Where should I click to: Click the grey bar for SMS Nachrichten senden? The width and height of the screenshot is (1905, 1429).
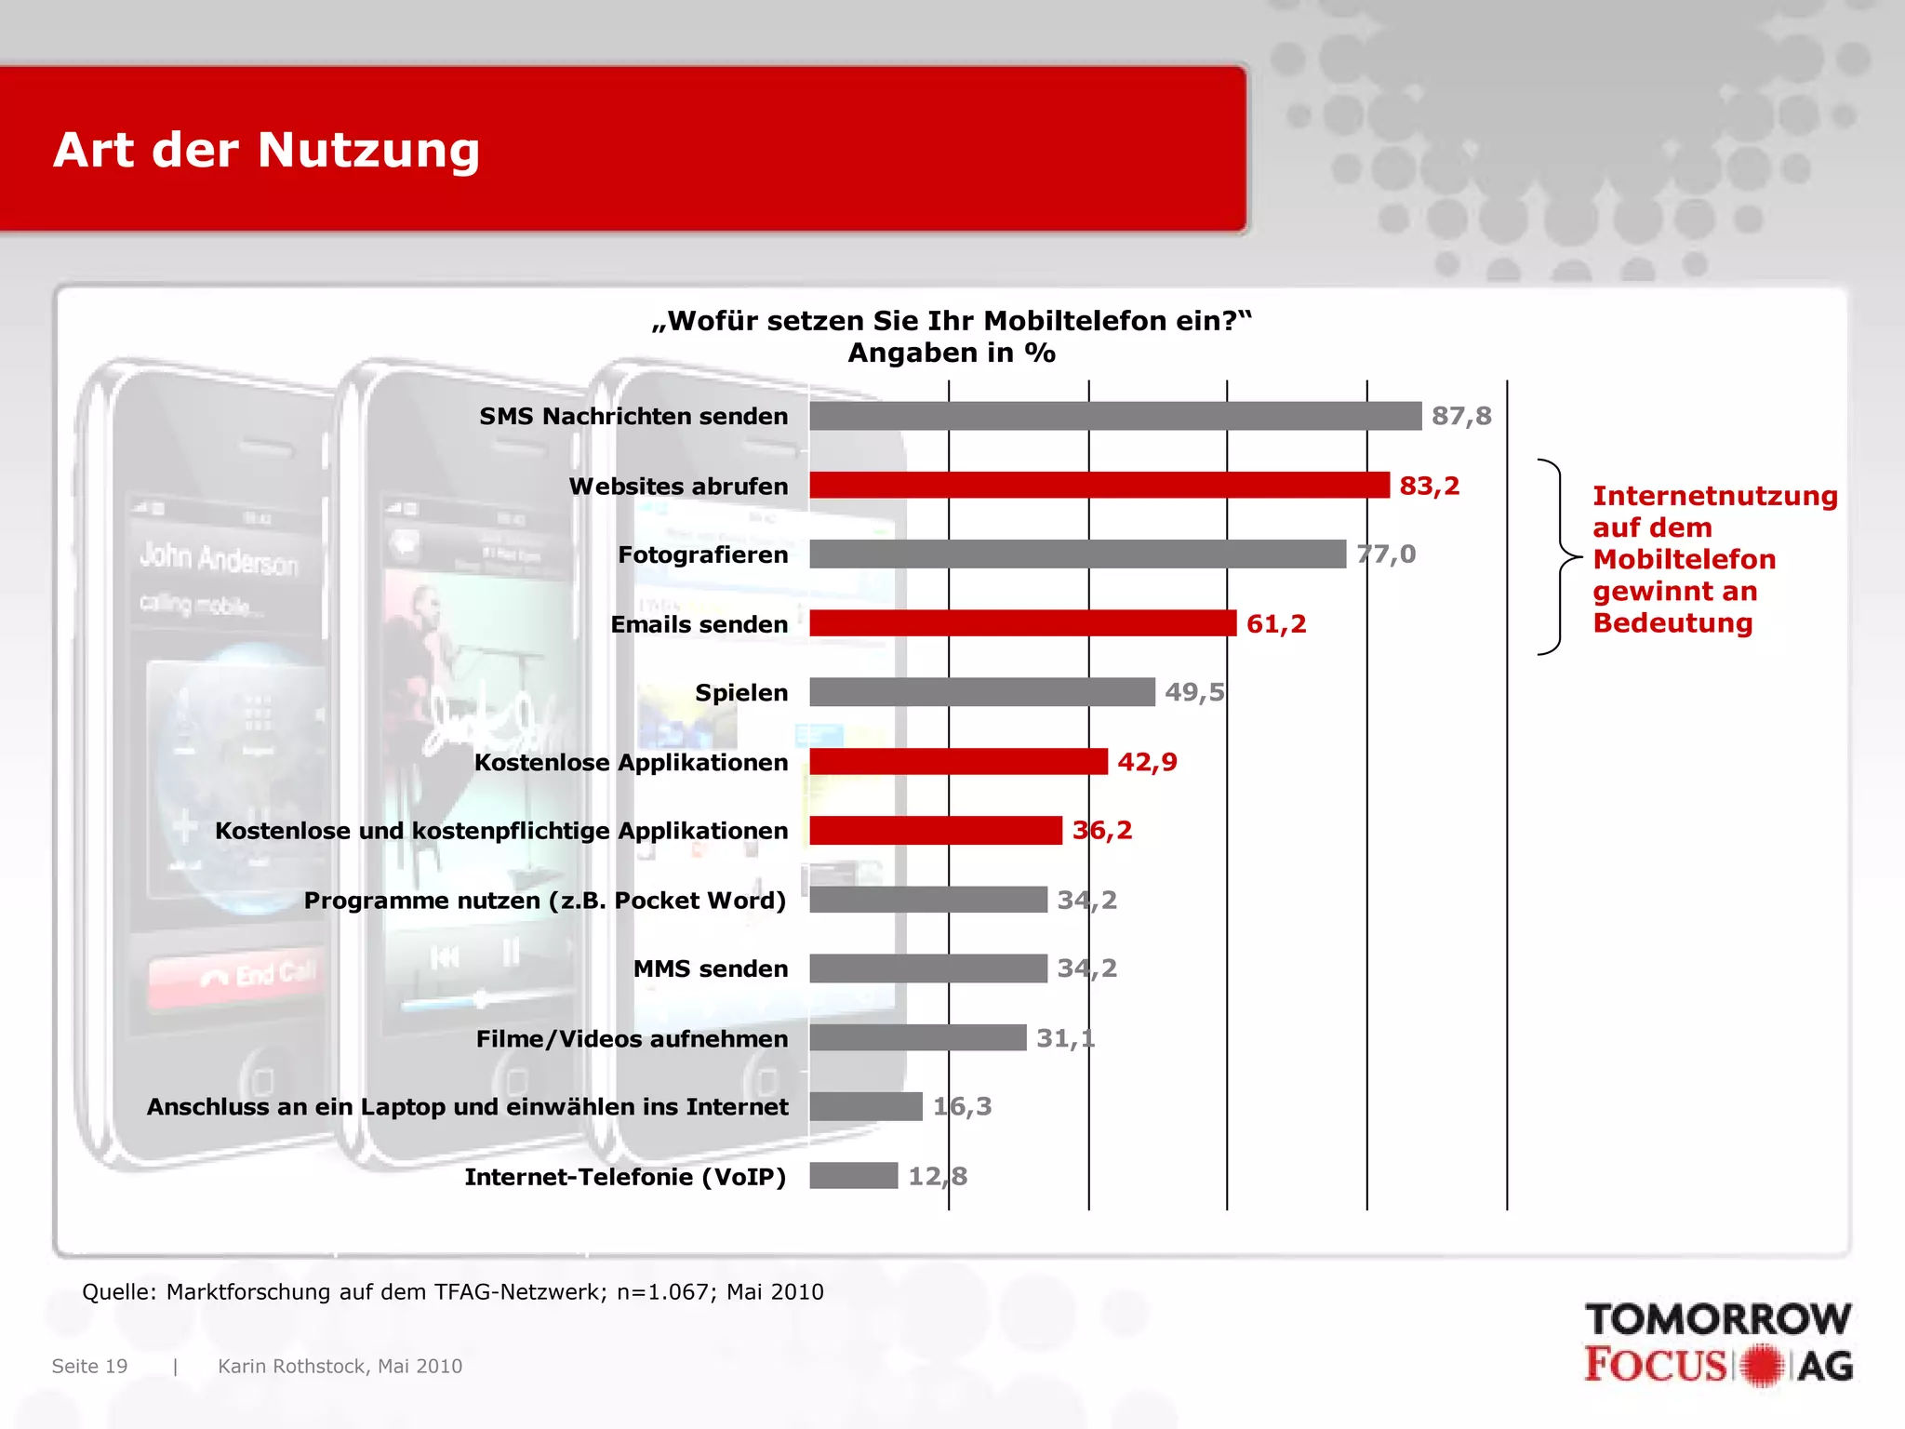(1115, 416)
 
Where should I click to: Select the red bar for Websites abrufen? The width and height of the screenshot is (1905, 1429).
(1099, 486)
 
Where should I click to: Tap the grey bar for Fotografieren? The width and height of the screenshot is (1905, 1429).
(1077, 554)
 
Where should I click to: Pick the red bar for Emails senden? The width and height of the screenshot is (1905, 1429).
(1023, 623)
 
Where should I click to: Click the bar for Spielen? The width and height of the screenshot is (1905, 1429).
(982, 692)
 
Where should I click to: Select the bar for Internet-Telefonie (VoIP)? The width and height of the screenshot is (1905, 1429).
(854, 1176)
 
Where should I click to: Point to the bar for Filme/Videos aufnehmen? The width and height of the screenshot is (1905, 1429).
(918, 1037)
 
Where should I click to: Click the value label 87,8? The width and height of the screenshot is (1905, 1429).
(1461, 416)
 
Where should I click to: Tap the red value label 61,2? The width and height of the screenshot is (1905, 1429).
(1276, 623)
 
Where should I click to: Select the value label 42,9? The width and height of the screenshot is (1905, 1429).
(1147, 762)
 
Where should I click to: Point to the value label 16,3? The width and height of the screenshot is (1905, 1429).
(962, 1106)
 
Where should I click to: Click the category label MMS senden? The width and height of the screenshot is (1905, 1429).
(711, 968)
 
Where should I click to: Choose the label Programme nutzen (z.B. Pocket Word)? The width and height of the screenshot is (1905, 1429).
(545, 901)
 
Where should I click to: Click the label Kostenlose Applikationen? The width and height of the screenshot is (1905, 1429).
(631, 762)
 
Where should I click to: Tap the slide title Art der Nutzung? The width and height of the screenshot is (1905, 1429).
(267, 150)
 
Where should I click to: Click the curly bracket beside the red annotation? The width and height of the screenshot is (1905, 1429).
(1557, 557)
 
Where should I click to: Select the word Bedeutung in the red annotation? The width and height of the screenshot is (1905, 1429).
(1672, 622)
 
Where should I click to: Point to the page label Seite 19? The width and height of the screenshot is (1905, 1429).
(89, 1366)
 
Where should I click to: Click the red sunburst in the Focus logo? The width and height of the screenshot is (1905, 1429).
(1762, 1366)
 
